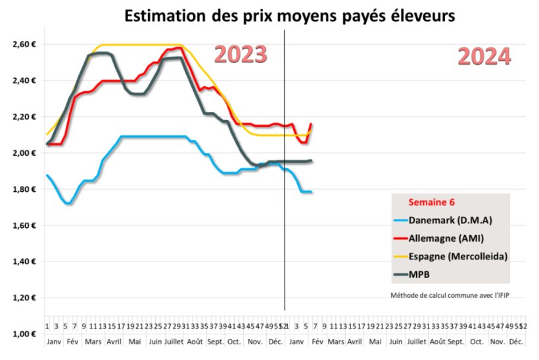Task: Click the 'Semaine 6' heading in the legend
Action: click(x=432, y=202)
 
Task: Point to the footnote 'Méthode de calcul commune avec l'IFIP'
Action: click(x=450, y=295)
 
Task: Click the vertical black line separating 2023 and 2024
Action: click(x=285, y=197)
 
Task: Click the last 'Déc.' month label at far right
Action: click(x=517, y=342)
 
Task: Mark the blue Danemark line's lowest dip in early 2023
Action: click(x=68, y=203)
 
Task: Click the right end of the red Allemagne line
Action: click(x=311, y=124)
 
